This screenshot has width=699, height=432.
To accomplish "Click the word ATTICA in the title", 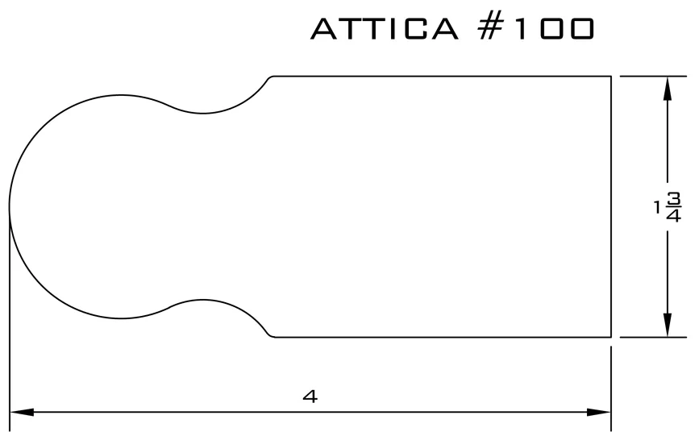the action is click(x=385, y=29).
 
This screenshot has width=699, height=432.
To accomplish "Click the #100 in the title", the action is click(x=536, y=29).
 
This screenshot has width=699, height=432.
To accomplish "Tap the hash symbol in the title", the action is click(x=491, y=29).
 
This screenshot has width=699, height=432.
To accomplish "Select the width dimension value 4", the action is click(x=310, y=396).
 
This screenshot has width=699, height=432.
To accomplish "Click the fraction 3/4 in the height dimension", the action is click(x=673, y=207).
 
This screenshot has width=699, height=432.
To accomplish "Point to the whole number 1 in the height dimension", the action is click(x=656, y=207).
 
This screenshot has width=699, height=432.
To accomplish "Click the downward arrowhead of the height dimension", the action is click(x=668, y=325).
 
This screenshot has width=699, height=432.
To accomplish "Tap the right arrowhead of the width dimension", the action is click(x=599, y=412).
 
